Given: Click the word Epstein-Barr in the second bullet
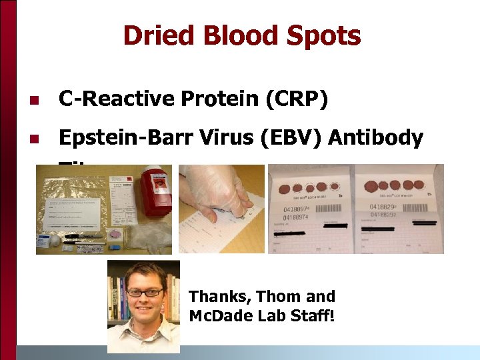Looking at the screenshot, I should (x=117, y=138).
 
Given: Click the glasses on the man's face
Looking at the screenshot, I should (x=145, y=292).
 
